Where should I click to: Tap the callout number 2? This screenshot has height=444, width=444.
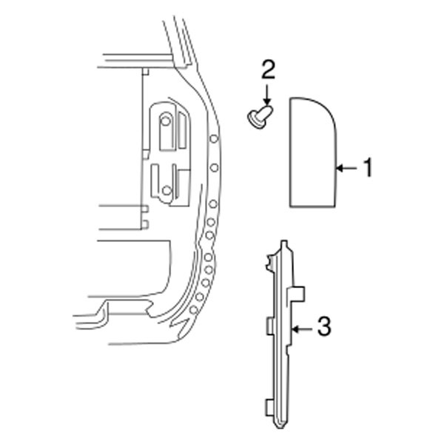[268, 70]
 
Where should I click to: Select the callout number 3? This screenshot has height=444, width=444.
[323, 326]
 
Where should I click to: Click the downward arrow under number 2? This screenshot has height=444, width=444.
[268, 94]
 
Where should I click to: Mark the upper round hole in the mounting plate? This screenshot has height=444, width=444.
[166, 120]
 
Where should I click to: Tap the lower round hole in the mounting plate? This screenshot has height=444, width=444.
[167, 192]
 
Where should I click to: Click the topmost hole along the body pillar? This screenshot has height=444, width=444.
[213, 139]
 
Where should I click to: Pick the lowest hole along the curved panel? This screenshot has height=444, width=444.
[193, 309]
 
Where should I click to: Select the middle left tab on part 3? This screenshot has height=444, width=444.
[268, 326]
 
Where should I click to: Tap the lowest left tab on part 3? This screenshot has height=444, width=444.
[266, 406]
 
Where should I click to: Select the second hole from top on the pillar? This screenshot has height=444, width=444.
[214, 168]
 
